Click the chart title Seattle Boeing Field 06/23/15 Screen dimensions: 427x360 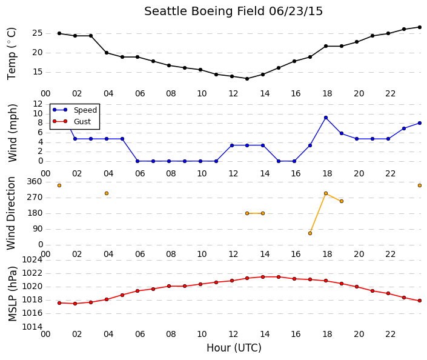(233, 12)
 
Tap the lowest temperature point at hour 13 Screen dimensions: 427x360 (247, 79)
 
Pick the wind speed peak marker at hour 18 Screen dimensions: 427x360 (326, 118)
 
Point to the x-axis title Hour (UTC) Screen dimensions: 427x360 (234, 348)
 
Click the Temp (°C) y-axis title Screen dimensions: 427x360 (12, 54)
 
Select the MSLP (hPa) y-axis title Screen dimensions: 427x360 (13, 294)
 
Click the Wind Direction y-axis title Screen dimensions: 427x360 (11, 213)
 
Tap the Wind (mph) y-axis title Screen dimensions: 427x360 (13, 133)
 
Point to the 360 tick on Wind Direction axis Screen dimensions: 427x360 (35, 181)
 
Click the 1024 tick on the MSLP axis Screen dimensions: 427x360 (32, 260)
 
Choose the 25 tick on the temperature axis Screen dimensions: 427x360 (38, 33)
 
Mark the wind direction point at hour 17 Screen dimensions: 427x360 (310, 233)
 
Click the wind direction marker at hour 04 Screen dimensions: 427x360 (107, 193)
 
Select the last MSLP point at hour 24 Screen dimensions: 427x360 (420, 301)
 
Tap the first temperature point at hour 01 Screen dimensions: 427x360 (59, 33)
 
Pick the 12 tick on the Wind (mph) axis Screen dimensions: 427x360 (38, 104)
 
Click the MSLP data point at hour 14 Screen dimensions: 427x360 (263, 277)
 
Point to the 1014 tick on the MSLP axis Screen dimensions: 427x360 (32, 327)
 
